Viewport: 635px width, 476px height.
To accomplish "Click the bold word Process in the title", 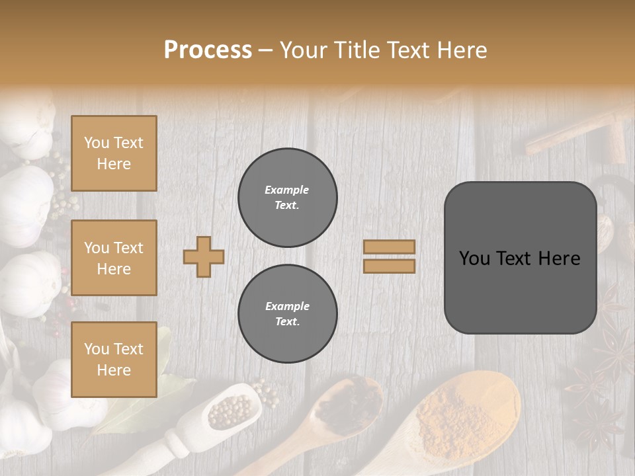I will (x=208, y=50).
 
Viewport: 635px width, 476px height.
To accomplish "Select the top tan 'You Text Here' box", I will (x=114, y=153).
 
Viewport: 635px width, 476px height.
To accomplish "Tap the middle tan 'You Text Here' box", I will (x=114, y=258).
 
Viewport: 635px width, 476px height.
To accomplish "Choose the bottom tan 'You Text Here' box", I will (x=114, y=359).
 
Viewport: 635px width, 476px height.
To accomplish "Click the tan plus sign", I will (x=204, y=257).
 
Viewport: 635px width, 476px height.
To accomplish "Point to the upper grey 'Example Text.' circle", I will (x=287, y=198).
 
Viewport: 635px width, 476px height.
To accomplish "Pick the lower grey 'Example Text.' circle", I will (x=287, y=314).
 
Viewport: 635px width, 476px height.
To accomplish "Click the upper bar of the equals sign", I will (x=389, y=247).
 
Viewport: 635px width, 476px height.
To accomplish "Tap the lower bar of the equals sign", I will (x=389, y=266).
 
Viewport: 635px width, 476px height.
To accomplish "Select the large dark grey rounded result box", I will (x=520, y=258).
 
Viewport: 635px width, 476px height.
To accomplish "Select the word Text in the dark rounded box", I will (x=519, y=258).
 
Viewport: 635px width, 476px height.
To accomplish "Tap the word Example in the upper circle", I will (x=287, y=190).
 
